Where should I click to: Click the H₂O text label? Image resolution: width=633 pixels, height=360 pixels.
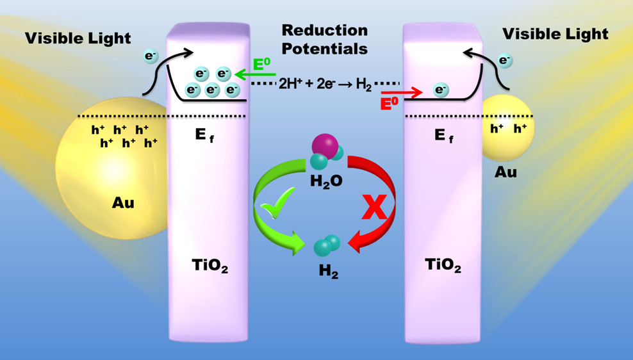pos(326,181)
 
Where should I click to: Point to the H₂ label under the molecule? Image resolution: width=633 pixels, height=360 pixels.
pos(329,273)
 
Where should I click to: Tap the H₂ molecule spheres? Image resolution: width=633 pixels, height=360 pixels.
pos(327,245)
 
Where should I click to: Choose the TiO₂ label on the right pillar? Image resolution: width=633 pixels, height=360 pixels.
pos(443,266)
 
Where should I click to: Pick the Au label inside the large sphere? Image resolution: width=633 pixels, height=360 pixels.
pos(124,204)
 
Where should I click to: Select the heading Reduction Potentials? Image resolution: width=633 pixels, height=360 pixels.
pos(325,39)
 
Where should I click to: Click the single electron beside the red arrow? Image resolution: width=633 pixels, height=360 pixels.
pos(441,90)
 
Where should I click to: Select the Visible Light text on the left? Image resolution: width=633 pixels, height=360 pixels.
pos(78,38)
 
